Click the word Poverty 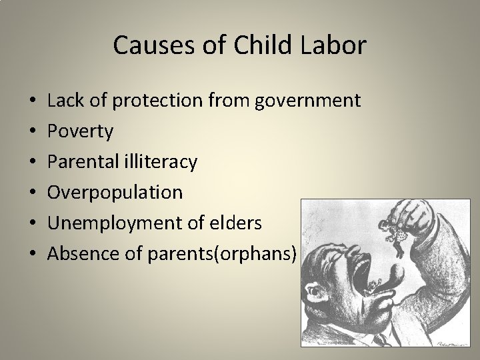pyautogui.click(x=81, y=131)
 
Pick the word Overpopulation pyautogui.click(x=115, y=192)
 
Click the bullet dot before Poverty pyautogui.click(x=33, y=131)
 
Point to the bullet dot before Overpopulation pyautogui.click(x=33, y=192)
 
